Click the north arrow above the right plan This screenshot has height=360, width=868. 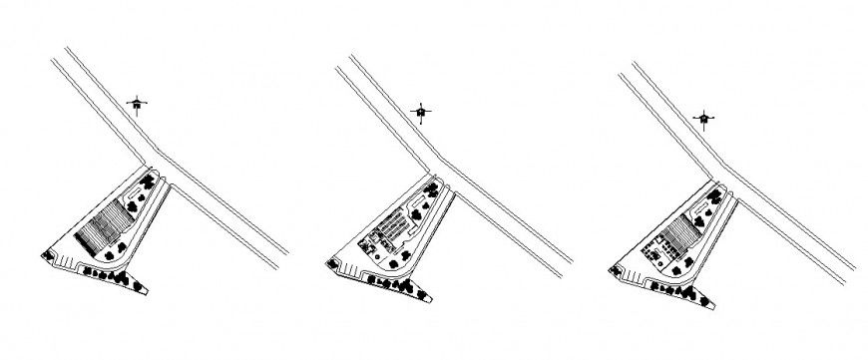705,119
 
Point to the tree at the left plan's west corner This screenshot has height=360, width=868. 46,256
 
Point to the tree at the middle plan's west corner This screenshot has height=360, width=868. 330,262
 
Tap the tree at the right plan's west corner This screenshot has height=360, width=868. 614,266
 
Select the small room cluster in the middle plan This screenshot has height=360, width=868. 374,239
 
